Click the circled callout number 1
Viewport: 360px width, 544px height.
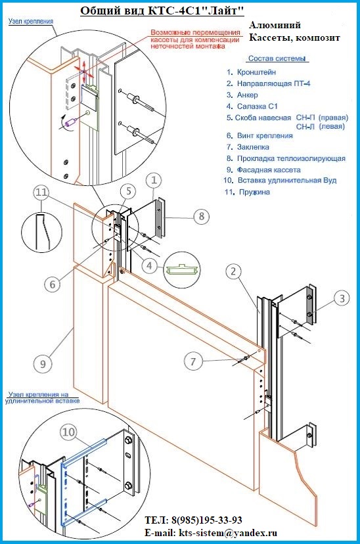[x=154, y=181]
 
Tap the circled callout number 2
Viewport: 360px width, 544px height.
[x=233, y=271]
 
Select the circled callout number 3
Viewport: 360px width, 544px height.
[x=342, y=298]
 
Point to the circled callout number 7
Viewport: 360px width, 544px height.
[x=193, y=361]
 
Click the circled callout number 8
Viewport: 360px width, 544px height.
[x=202, y=217]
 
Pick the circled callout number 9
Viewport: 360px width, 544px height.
[x=43, y=364]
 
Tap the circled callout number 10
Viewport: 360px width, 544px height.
[x=68, y=432]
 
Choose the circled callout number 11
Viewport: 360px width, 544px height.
[x=41, y=193]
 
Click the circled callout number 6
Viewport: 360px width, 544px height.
[x=53, y=284]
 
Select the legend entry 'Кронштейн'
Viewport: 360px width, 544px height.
[x=257, y=72]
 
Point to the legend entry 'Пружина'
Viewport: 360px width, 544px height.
[x=255, y=192]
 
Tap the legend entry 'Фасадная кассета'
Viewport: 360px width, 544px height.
[x=269, y=170]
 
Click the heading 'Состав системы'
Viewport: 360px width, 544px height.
[x=277, y=58]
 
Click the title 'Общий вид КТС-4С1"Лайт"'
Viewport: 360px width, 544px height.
[x=162, y=11]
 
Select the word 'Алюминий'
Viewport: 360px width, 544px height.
[x=275, y=26]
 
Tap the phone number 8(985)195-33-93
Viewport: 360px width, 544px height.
[x=206, y=520]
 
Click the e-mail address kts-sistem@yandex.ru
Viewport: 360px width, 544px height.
[x=228, y=533]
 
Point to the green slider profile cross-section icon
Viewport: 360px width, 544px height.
[x=182, y=269]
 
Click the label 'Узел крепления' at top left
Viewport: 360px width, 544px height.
[x=31, y=21]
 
